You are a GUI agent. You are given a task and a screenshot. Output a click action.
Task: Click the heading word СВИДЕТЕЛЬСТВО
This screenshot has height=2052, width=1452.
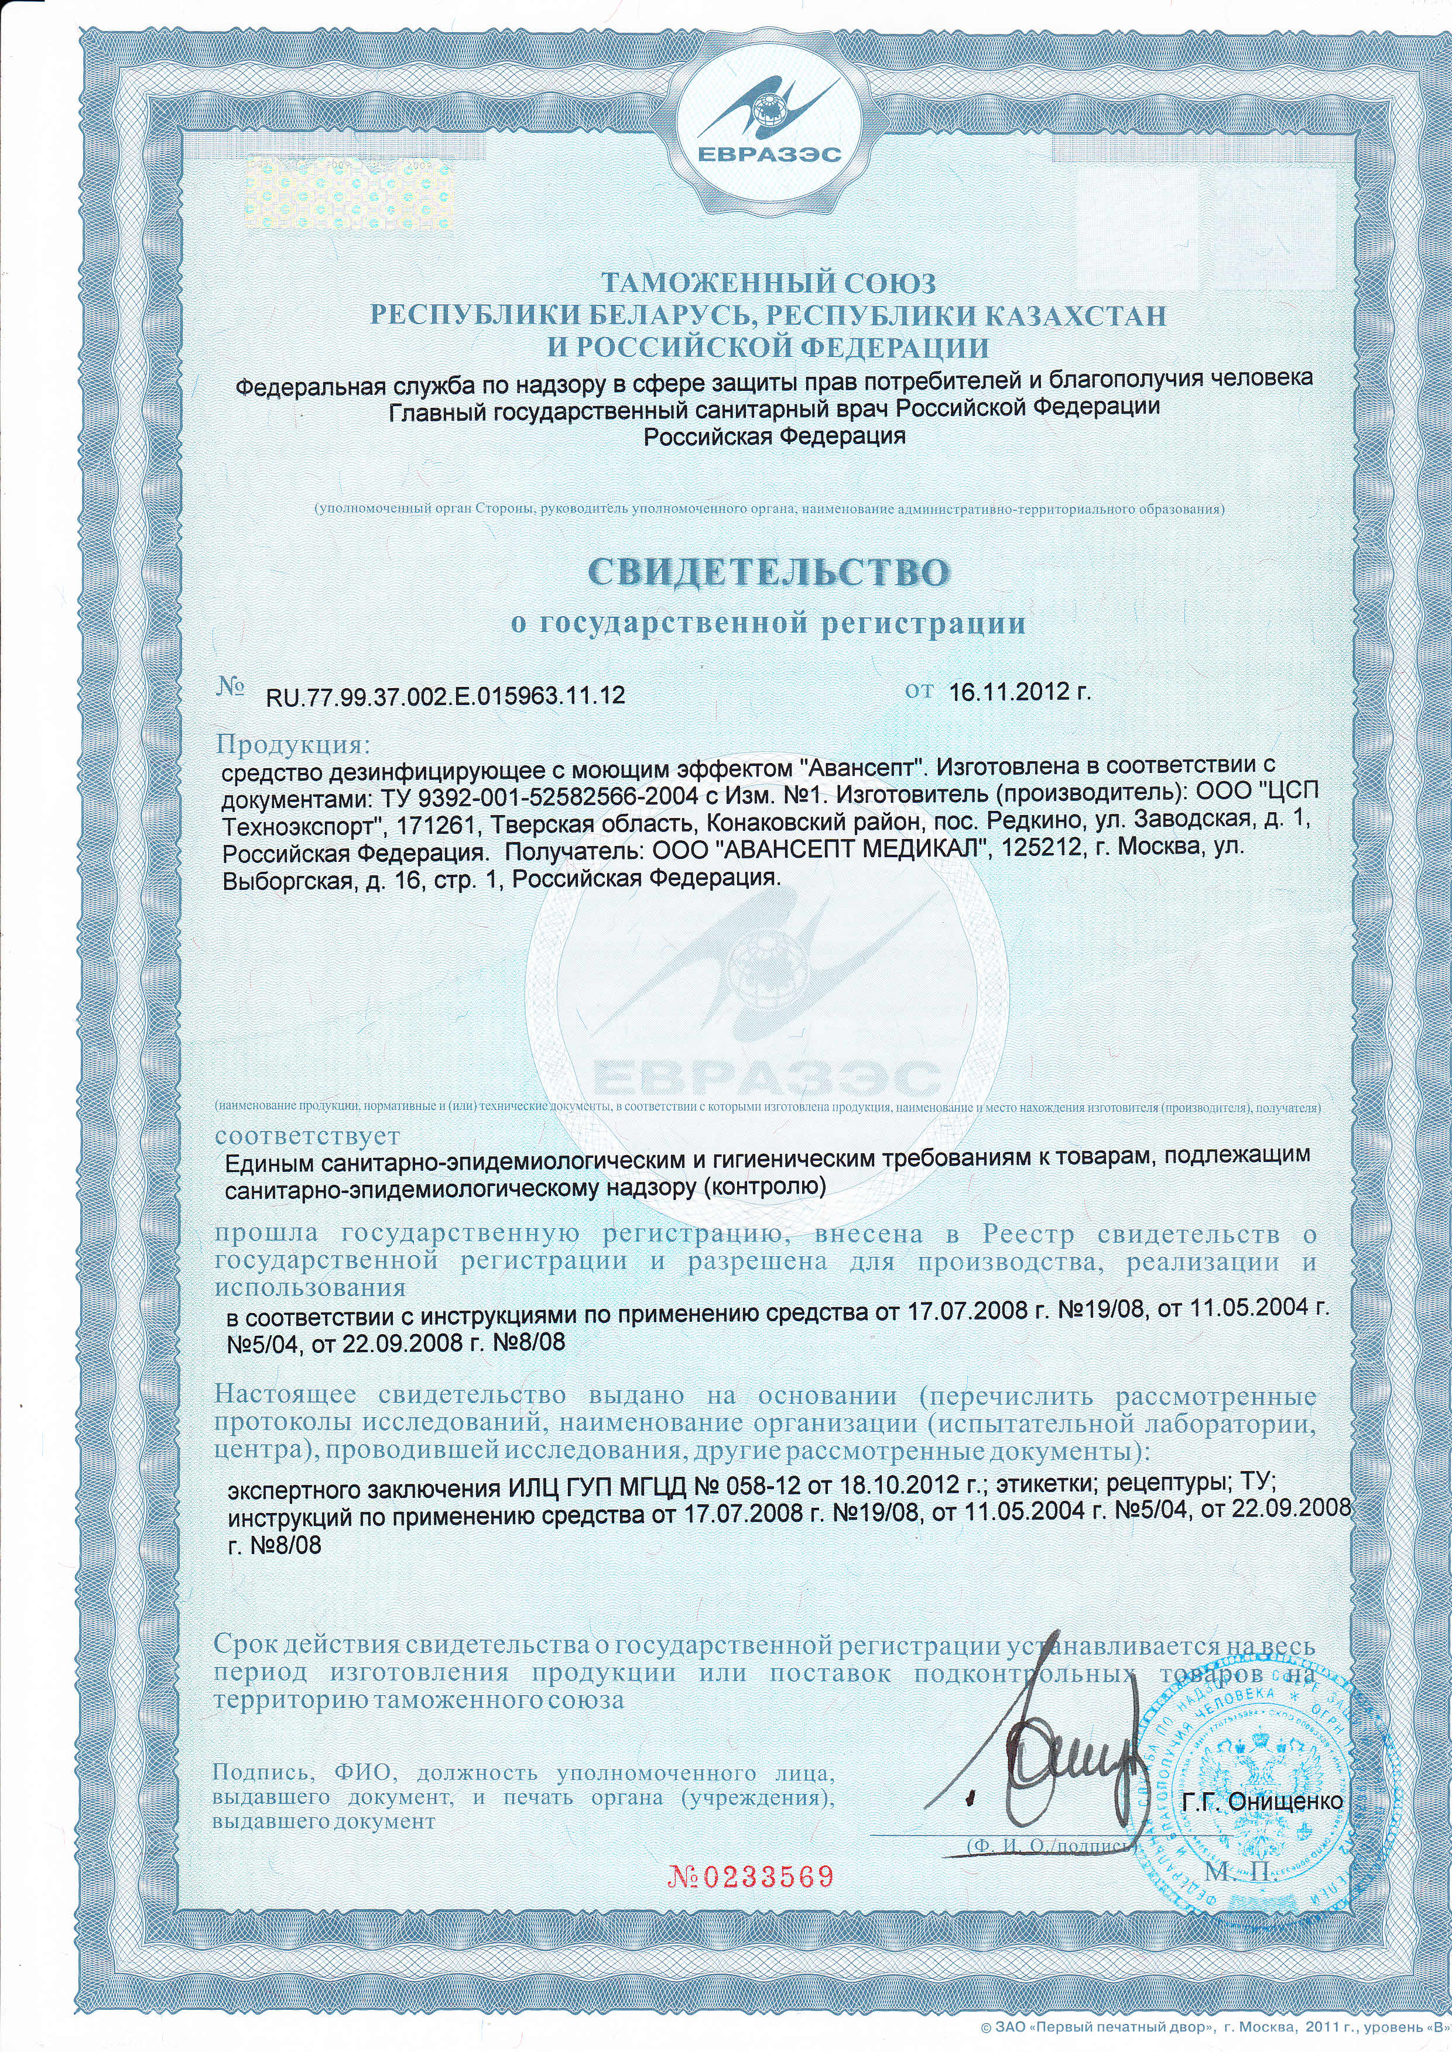pos(767,572)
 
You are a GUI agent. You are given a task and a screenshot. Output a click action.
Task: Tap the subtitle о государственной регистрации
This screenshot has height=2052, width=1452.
pos(767,623)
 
